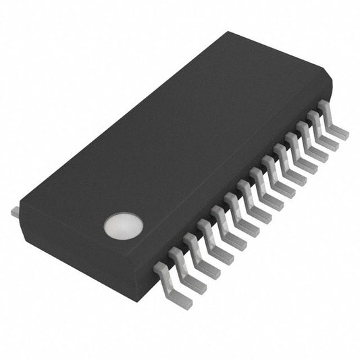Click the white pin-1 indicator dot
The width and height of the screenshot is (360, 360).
click(124, 226)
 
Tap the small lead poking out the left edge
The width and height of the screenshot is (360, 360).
click(15, 213)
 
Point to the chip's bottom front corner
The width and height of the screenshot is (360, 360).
click(142, 297)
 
